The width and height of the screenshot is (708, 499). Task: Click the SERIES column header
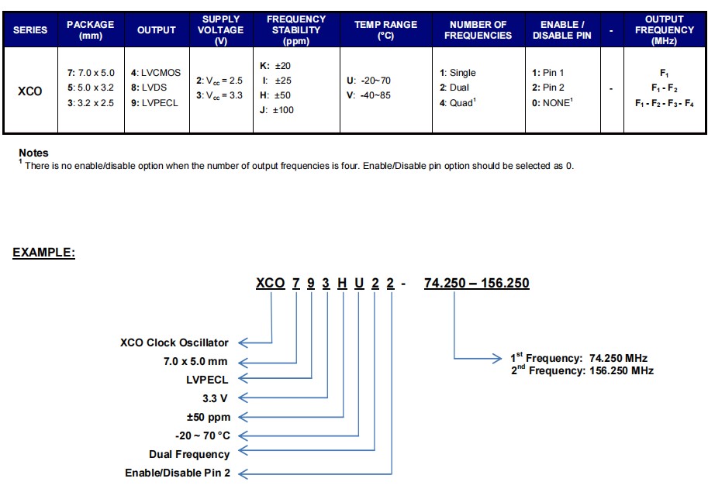30,30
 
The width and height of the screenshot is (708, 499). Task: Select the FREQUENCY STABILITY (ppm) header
296,30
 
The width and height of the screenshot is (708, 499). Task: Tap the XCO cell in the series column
30,91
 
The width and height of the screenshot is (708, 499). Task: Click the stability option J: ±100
277,110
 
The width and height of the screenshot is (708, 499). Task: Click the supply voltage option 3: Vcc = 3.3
219,95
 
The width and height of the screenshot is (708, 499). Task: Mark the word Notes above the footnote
33,153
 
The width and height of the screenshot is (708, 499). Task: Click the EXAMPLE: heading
43,253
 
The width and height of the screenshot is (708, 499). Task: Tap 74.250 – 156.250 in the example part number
476,284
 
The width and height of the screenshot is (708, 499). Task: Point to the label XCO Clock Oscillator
174,342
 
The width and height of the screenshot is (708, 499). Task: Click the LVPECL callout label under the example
206,380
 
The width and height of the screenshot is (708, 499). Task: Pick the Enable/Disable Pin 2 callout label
178,473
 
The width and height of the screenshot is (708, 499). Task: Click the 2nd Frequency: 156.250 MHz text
582,370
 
